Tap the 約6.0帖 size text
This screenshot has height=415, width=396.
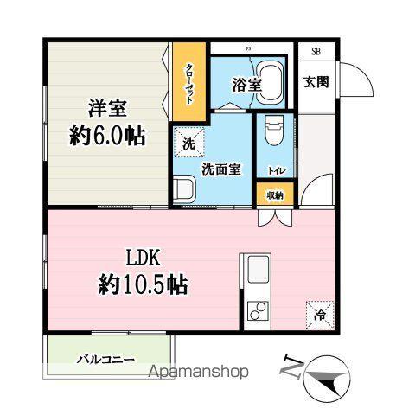pyautogui.click(x=106, y=137)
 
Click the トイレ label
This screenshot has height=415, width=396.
pyautogui.click(x=274, y=171)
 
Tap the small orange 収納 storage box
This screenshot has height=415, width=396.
pyautogui.click(x=274, y=195)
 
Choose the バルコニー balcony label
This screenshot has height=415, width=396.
pyautogui.click(x=105, y=358)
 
